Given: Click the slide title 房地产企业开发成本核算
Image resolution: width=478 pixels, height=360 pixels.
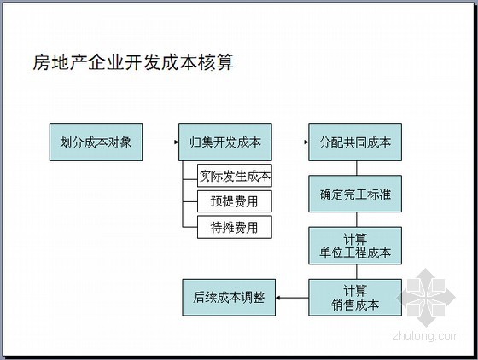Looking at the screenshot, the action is pyautogui.click(x=133, y=62).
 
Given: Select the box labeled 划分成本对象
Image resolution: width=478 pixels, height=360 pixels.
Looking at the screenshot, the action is pyautogui.click(x=96, y=142).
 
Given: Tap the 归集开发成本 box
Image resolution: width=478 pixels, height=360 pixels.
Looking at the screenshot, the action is pyautogui.click(x=225, y=142).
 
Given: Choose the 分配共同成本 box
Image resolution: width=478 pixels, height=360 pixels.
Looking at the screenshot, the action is pyautogui.click(x=355, y=142).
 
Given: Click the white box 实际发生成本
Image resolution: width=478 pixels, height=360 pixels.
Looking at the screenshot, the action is pyautogui.click(x=235, y=176).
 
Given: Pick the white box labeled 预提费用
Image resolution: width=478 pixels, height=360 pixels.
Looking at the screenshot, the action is pyautogui.click(x=235, y=201).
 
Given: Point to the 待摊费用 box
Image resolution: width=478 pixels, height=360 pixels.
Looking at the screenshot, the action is pyautogui.click(x=235, y=227).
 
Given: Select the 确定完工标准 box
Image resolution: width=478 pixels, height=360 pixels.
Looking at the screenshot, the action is pyautogui.click(x=355, y=194).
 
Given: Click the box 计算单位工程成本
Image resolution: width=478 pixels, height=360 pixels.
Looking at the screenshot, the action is pyautogui.click(x=355, y=246).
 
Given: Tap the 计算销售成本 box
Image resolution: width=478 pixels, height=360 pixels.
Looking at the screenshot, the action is pyautogui.click(x=355, y=298).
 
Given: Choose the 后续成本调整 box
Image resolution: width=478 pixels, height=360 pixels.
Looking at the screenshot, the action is pyautogui.click(x=229, y=298).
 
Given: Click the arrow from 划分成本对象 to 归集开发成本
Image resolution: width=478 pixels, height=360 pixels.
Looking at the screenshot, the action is pyautogui.click(x=160, y=142).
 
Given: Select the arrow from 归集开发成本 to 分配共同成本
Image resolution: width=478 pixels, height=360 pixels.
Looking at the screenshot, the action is pyautogui.click(x=290, y=142).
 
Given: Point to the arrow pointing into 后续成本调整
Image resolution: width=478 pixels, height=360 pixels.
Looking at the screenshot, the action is pyautogui.click(x=292, y=298).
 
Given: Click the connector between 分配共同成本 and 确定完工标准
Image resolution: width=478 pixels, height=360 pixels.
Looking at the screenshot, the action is pyautogui.click(x=357, y=168).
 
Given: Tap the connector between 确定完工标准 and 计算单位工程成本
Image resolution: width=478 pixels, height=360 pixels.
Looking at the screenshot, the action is pyautogui.click(x=357, y=219).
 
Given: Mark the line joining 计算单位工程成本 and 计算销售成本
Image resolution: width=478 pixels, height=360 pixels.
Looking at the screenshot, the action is pyautogui.click(x=357, y=271).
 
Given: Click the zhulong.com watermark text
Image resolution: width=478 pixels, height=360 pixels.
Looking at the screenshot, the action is pyautogui.click(x=426, y=335).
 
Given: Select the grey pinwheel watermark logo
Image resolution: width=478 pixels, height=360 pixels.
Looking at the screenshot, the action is pyautogui.click(x=426, y=297).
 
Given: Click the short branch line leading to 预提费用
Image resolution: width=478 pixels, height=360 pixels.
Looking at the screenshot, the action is pyautogui.click(x=189, y=201).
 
